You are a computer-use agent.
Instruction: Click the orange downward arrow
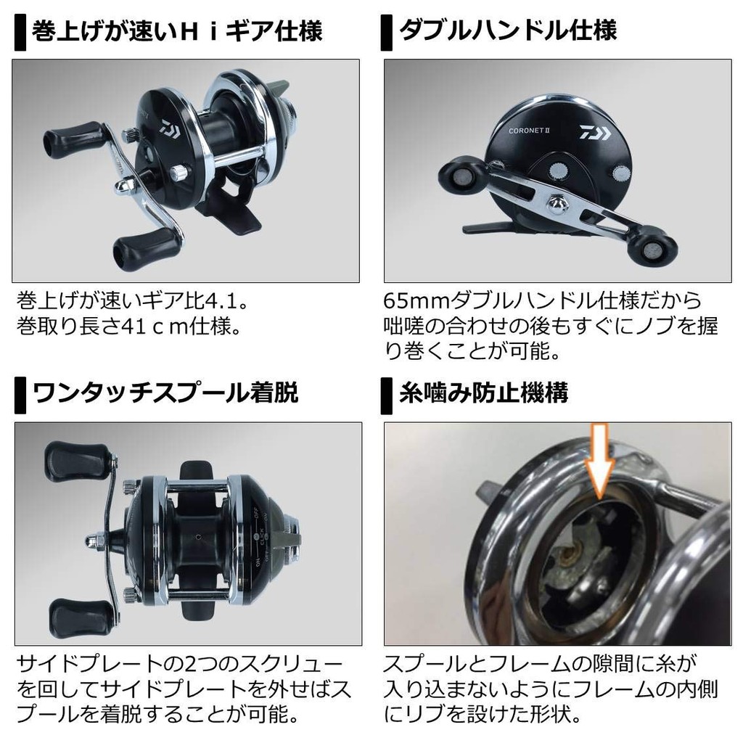click(599, 459)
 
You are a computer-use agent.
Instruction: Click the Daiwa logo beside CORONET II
click(596, 132)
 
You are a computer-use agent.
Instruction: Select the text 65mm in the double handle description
click(417, 300)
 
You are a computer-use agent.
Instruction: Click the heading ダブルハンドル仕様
click(508, 30)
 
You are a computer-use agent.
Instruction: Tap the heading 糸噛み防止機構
click(483, 393)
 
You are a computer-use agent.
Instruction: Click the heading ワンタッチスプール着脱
click(165, 393)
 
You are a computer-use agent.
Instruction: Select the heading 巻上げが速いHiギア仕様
click(177, 30)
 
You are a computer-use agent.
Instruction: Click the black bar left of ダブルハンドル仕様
click(386, 32)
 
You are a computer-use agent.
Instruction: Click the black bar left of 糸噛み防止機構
click(386, 395)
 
